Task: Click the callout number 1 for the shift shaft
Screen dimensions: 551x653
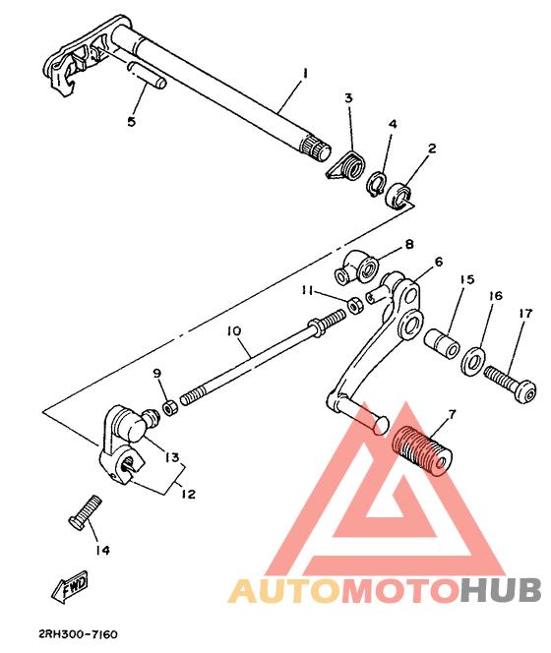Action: [305, 74]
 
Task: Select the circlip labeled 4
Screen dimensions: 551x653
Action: [377, 183]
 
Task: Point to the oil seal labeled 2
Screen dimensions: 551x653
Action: [398, 196]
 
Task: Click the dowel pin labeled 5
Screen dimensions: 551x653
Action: [148, 75]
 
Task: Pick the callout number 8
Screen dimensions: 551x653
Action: [409, 244]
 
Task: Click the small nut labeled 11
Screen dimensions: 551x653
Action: [355, 306]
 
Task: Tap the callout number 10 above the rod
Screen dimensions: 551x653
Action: [234, 331]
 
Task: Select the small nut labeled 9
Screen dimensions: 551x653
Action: [170, 407]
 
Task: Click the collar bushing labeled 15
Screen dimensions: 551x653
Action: [442, 343]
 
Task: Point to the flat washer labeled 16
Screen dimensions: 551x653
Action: [473, 361]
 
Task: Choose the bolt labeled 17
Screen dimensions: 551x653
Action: [510, 383]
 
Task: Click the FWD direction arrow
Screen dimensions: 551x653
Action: [70, 586]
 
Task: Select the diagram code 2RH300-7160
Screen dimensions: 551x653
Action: [78, 634]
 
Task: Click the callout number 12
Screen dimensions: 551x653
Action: [188, 494]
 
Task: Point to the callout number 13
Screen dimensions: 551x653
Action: [172, 457]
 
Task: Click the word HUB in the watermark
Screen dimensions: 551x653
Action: [501, 590]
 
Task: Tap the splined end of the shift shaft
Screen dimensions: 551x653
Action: [315, 148]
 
